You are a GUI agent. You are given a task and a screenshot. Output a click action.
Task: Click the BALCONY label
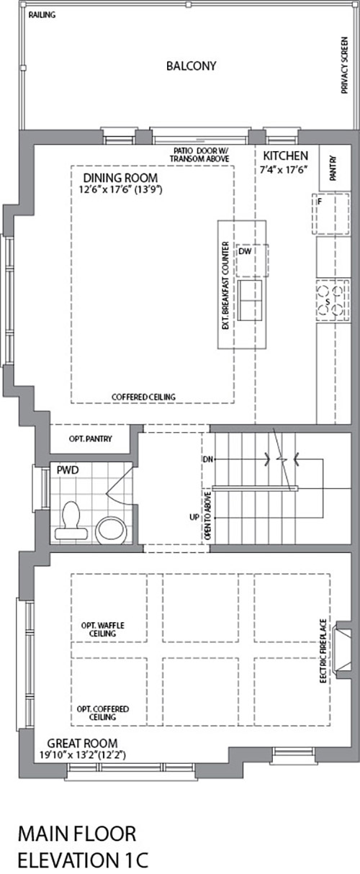(191, 66)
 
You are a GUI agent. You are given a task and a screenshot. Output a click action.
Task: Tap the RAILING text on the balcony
(42, 15)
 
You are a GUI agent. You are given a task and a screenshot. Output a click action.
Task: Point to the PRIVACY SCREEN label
(344, 66)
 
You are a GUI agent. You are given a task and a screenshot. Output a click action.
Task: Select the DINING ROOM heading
(120, 178)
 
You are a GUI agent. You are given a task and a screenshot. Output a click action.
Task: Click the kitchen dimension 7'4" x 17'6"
(284, 170)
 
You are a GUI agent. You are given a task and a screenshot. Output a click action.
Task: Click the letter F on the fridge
(320, 202)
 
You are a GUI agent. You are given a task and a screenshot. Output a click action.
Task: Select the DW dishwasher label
(245, 251)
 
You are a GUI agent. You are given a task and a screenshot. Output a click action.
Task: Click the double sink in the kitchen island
(250, 300)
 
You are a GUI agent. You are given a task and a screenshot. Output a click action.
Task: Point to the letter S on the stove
(328, 302)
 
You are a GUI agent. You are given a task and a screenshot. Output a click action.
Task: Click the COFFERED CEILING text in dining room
(143, 397)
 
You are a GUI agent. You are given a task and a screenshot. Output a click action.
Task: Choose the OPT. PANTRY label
(91, 438)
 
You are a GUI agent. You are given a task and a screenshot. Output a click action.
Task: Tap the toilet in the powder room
(71, 521)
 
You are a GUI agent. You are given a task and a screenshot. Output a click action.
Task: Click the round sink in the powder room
(111, 531)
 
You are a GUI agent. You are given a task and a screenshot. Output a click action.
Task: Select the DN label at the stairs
(208, 459)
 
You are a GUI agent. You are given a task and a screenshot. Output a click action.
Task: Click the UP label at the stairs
(194, 518)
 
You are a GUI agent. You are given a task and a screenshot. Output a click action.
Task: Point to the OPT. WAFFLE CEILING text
(102, 629)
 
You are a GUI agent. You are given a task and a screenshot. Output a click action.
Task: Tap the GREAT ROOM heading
(82, 743)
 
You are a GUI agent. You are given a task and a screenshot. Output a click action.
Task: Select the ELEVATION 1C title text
(83, 860)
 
